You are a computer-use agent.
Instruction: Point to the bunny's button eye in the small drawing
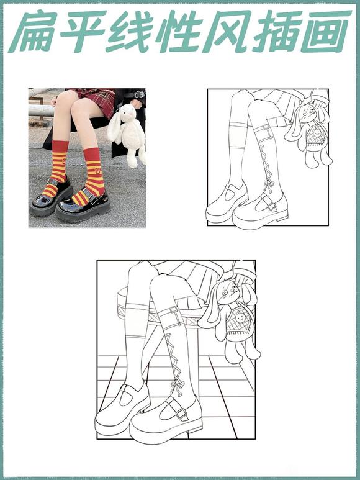click(305, 114)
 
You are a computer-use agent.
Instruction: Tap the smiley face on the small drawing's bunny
click(317, 133)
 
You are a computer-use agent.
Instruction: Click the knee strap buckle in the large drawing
click(173, 310)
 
